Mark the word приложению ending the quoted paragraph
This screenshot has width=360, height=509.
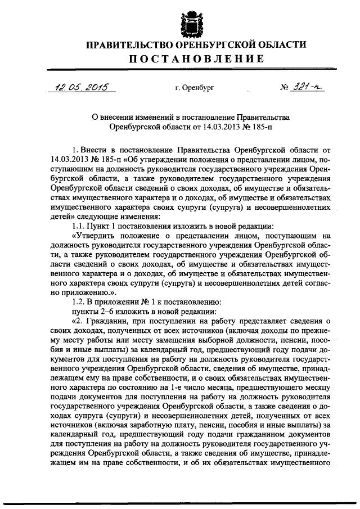tap(83, 292)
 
